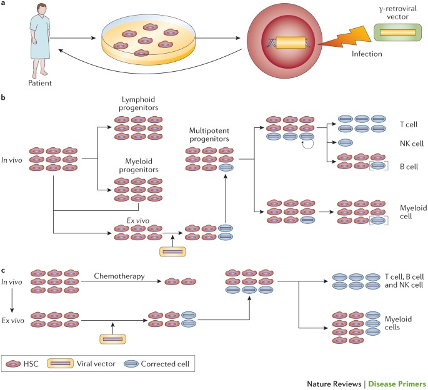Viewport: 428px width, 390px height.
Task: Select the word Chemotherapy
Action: pos(119,276)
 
